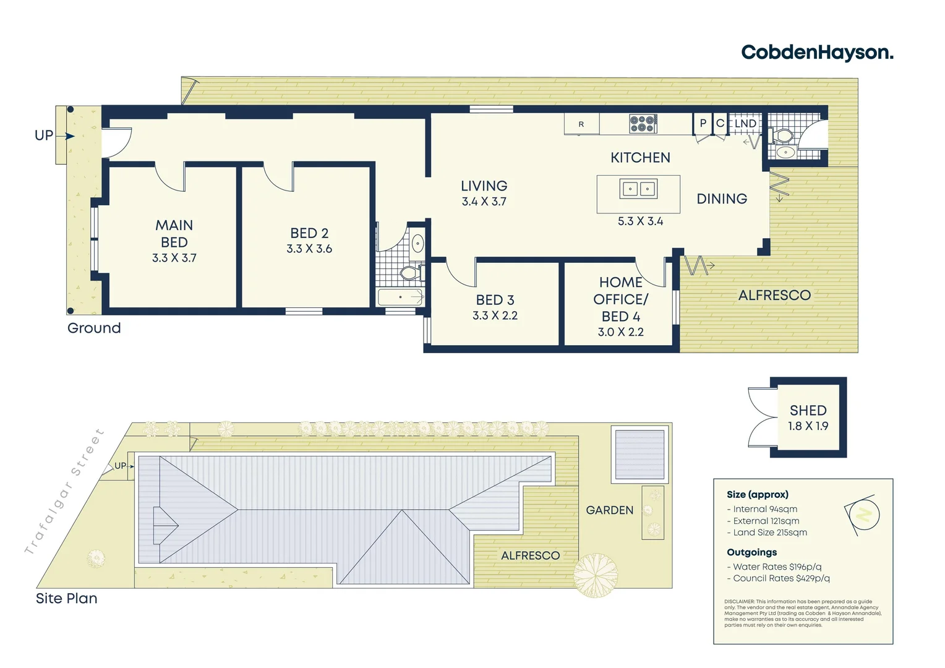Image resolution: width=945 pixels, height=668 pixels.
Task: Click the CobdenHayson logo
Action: pos(817,53)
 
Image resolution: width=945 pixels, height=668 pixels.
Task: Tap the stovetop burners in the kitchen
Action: pos(643,124)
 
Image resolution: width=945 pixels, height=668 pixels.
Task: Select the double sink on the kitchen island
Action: pos(638,189)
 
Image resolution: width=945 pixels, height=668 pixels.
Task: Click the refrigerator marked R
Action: pos(581,124)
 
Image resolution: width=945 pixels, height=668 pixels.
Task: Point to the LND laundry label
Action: pos(745,124)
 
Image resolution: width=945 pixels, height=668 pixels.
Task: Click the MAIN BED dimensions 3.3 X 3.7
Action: pos(174,258)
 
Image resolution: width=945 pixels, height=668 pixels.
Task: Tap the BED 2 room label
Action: pos(309,233)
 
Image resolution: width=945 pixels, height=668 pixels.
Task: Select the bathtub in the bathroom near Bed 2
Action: pos(400,298)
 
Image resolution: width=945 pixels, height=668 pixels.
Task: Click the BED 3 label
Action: pos(495,300)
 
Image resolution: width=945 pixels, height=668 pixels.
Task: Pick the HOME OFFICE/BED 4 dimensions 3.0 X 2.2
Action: pos(620,332)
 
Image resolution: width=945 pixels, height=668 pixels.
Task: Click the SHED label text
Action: pos(808,411)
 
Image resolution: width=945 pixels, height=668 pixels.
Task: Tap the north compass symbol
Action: pos(863,514)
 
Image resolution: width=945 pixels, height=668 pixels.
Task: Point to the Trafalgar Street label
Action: pos(64,492)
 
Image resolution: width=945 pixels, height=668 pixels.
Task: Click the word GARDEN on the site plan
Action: pos(609,510)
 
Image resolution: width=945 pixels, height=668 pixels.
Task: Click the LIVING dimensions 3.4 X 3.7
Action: pos(484,202)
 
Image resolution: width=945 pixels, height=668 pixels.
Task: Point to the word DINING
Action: pos(722,199)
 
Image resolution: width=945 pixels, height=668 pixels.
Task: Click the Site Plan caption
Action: pos(67,599)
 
